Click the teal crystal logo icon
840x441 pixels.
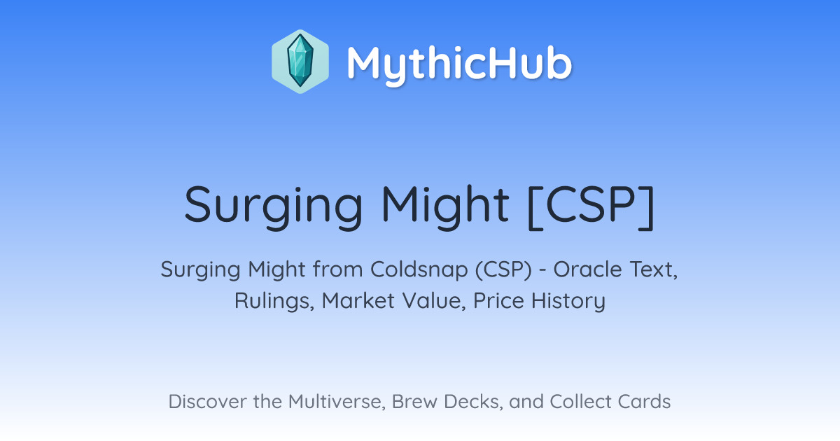300,62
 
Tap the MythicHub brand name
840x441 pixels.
459,64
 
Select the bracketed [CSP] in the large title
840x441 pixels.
591,207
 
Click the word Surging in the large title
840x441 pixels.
274,207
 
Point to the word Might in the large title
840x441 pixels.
445,207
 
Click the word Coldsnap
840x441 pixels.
419,269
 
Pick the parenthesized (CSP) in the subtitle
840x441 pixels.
503,270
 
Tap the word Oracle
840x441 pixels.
588,269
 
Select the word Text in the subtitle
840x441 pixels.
654,270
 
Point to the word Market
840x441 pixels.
358,300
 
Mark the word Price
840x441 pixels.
498,300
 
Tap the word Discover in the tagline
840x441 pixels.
207,402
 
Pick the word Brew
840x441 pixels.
414,402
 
